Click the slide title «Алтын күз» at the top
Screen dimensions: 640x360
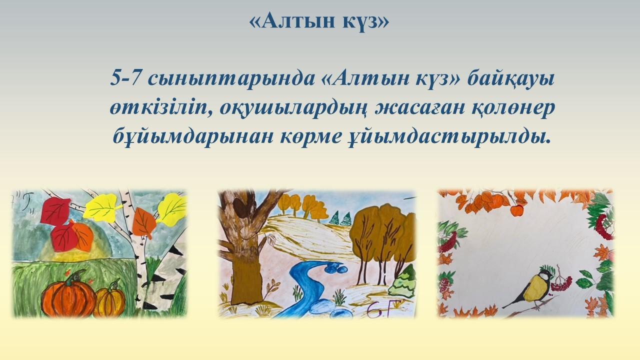coord(319,21)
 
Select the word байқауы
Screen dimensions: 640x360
coord(511,79)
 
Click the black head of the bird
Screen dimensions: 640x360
coord(545,274)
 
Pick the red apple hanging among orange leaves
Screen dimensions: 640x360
coord(516,211)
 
